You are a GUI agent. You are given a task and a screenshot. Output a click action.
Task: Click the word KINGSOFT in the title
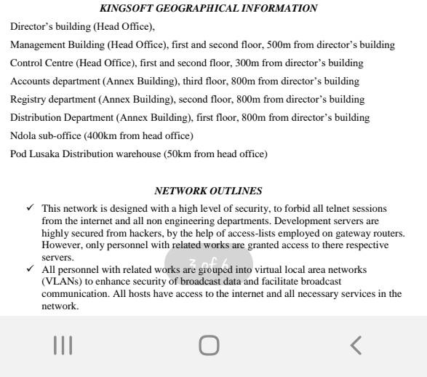click(x=122, y=9)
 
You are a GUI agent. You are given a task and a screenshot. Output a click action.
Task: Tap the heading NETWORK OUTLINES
click(x=208, y=191)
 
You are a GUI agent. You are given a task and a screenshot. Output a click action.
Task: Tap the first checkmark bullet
click(x=30, y=208)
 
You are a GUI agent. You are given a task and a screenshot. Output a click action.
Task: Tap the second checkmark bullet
click(x=30, y=269)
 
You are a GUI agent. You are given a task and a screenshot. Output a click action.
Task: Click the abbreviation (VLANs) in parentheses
click(x=61, y=282)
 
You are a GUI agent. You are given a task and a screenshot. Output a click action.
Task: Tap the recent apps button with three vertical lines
click(x=63, y=345)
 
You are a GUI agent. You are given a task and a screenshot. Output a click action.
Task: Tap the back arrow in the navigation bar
click(x=356, y=345)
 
